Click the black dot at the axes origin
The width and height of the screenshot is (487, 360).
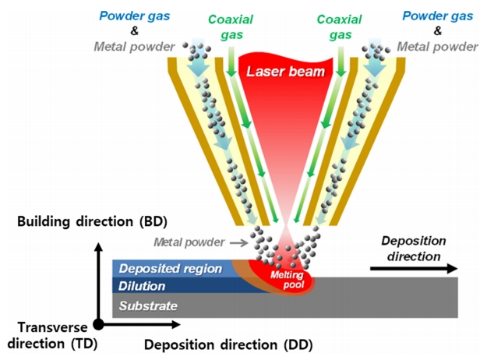tap(98, 323)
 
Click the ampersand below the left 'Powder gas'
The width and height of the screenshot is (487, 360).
tap(129, 31)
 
